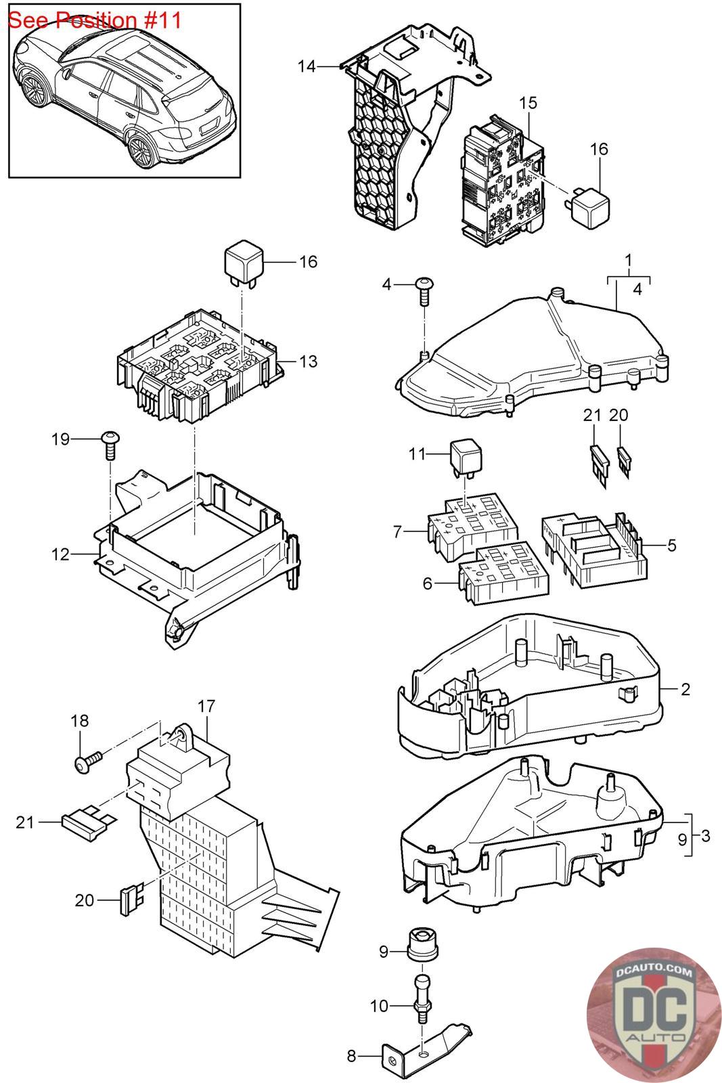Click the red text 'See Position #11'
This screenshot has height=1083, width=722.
click(95, 20)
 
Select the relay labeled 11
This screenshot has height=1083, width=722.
click(466, 456)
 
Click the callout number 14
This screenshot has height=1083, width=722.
click(307, 66)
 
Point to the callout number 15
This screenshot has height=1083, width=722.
click(528, 102)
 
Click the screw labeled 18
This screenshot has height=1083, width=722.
click(89, 762)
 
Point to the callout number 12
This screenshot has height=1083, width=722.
click(60, 554)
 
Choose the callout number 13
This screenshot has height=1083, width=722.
click(309, 361)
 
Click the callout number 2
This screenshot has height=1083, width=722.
click(685, 689)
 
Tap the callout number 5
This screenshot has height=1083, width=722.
click(672, 545)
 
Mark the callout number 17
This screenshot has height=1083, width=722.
click(206, 707)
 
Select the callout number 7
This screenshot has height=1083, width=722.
click(397, 532)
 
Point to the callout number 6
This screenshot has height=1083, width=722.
click(427, 583)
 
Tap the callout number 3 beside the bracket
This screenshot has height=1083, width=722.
click(705, 835)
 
